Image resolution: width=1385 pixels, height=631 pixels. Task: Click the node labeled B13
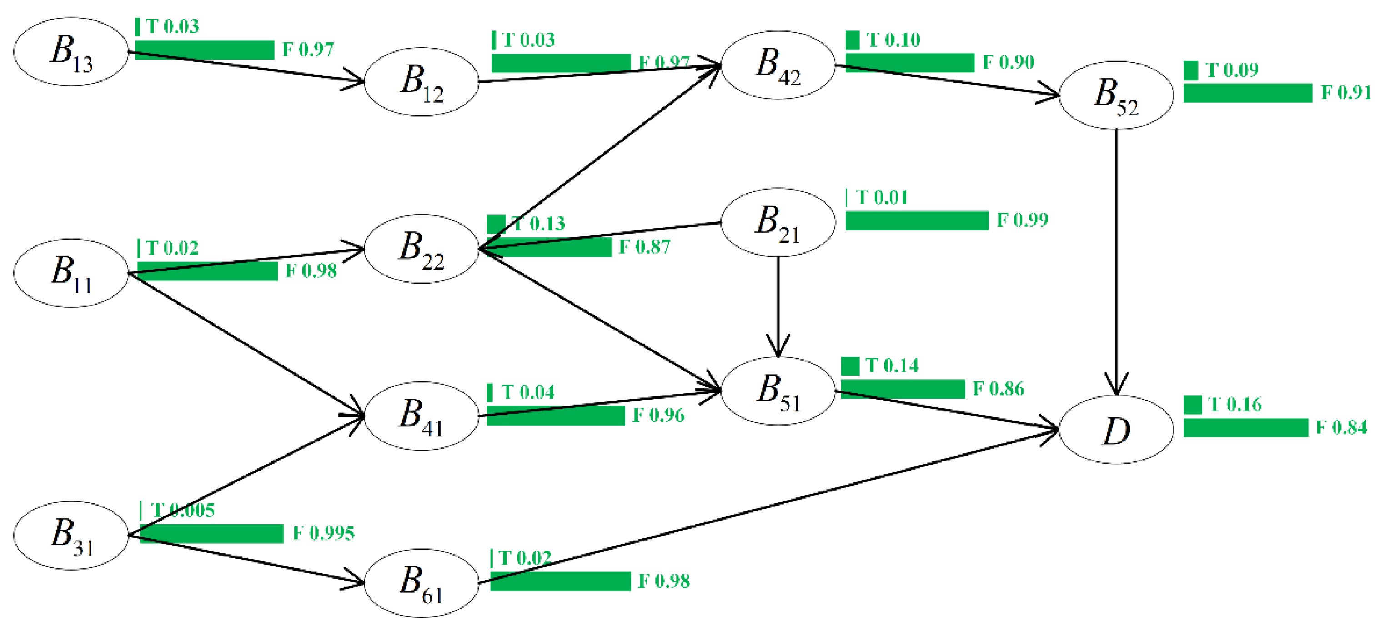(x=71, y=51)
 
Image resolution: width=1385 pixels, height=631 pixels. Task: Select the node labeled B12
(x=422, y=82)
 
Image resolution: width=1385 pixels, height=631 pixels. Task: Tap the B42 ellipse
(x=778, y=65)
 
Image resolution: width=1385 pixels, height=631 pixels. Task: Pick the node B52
(x=1116, y=95)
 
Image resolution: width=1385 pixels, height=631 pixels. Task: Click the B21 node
(x=778, y=222)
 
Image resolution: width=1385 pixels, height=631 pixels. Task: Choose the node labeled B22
(x=422, y=249)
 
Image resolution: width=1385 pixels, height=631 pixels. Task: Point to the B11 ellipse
(x=71, y=273)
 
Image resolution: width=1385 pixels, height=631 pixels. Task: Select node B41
(x=422, y=416)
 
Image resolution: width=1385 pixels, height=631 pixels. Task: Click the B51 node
(x=778, y=391)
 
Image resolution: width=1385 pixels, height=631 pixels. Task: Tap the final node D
(x=1116, y=430)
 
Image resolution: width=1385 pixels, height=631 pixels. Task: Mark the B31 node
(x=71, y=536)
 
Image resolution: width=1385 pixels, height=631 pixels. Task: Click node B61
(x=422, y=583)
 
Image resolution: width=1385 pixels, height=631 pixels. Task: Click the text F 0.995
(x=323, y=533)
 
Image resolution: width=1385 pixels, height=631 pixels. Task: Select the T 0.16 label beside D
(x=1234, y=404)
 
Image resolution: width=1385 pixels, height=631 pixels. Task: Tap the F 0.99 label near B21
(x=1022, y=220)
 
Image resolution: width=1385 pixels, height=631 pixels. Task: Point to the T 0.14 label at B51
(x=892, y=366)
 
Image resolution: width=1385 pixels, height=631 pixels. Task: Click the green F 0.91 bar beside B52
(x=1247, y=93)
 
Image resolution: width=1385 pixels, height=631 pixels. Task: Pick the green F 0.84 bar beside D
(x=1245, y=428)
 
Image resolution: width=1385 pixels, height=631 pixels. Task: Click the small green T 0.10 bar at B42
(x=852, y=40)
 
